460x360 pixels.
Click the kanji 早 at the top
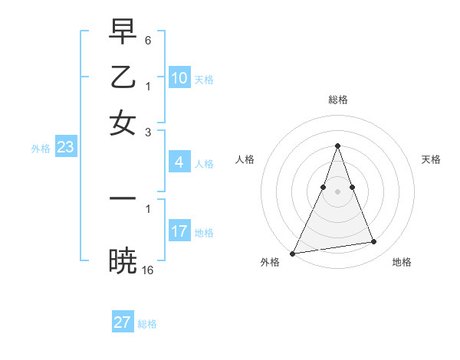click(123, 31)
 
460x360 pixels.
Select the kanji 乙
click(123, 77)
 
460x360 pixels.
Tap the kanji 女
click(123, 123)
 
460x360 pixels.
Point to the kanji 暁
click(123, 260)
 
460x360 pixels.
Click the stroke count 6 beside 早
click(148, 39)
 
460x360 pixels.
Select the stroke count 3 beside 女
click(148, 132)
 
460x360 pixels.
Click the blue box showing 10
click(179, 77)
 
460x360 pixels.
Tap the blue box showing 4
click(179, 162)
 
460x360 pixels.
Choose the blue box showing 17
click(179, 231)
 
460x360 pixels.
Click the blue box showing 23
click(65, 147)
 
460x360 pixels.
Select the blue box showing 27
click(123, 322)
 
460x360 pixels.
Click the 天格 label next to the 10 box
click(204, 79)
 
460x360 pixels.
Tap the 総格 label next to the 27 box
click(147, 324)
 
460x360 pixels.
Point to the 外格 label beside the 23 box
click(41, 149)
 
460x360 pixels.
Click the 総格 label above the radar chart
click(337, 100)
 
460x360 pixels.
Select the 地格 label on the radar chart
click(402, 262)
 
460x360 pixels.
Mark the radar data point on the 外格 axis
click(292, 253)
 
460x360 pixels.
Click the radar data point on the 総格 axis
click(337, 146)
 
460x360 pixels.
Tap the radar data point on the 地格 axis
click(374, 242)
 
